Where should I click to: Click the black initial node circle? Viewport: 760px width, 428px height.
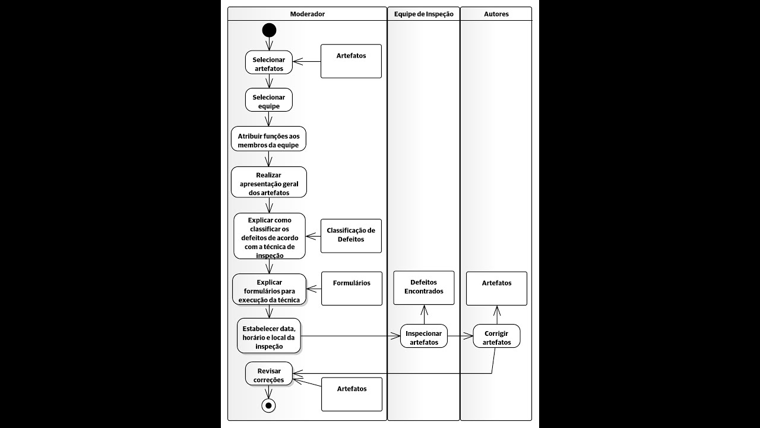[269, 30]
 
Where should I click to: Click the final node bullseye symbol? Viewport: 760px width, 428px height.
[268, 405]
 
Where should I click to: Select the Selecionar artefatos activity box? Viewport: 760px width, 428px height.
[269, 62]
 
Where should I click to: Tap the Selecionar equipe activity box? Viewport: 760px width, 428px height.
[269, 100]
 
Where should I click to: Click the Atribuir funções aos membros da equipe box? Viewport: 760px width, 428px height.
[268, 139]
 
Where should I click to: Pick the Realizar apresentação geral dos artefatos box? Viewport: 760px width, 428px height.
[269, 182]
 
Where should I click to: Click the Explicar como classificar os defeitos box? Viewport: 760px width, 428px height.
[270, 236]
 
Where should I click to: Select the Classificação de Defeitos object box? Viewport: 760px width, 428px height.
[351, 235]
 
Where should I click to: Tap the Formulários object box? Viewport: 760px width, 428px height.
[351, 288]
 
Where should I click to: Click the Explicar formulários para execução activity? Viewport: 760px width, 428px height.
[270, 289]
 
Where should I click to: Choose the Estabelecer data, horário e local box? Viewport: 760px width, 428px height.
[269, 335]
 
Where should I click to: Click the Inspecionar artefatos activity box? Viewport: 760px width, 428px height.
[424, 336]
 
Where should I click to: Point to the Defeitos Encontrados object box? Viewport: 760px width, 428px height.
[424, 288]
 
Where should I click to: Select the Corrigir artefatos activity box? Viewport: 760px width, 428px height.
[496, 336]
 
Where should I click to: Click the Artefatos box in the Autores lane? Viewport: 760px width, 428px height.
[496, 288]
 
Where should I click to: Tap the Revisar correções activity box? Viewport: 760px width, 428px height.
[269, 373]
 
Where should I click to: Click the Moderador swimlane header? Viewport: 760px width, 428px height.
[307, 14]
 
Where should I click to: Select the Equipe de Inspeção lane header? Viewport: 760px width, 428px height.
[423, 14]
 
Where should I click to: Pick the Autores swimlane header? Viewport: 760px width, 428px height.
[496, 14]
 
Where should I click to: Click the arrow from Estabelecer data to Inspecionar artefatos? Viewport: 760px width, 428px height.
[350, 336]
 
